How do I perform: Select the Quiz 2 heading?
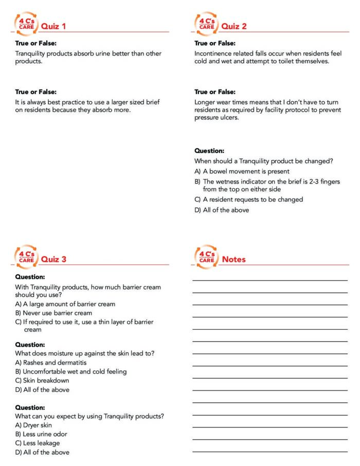click(233, 26)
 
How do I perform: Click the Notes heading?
click(233, 259)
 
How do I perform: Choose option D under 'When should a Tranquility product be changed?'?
click(222, 210)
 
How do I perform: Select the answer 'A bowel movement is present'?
click(242, 171)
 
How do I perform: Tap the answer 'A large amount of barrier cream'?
click(65, 304)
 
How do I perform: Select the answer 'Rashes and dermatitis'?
click(50, 362)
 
